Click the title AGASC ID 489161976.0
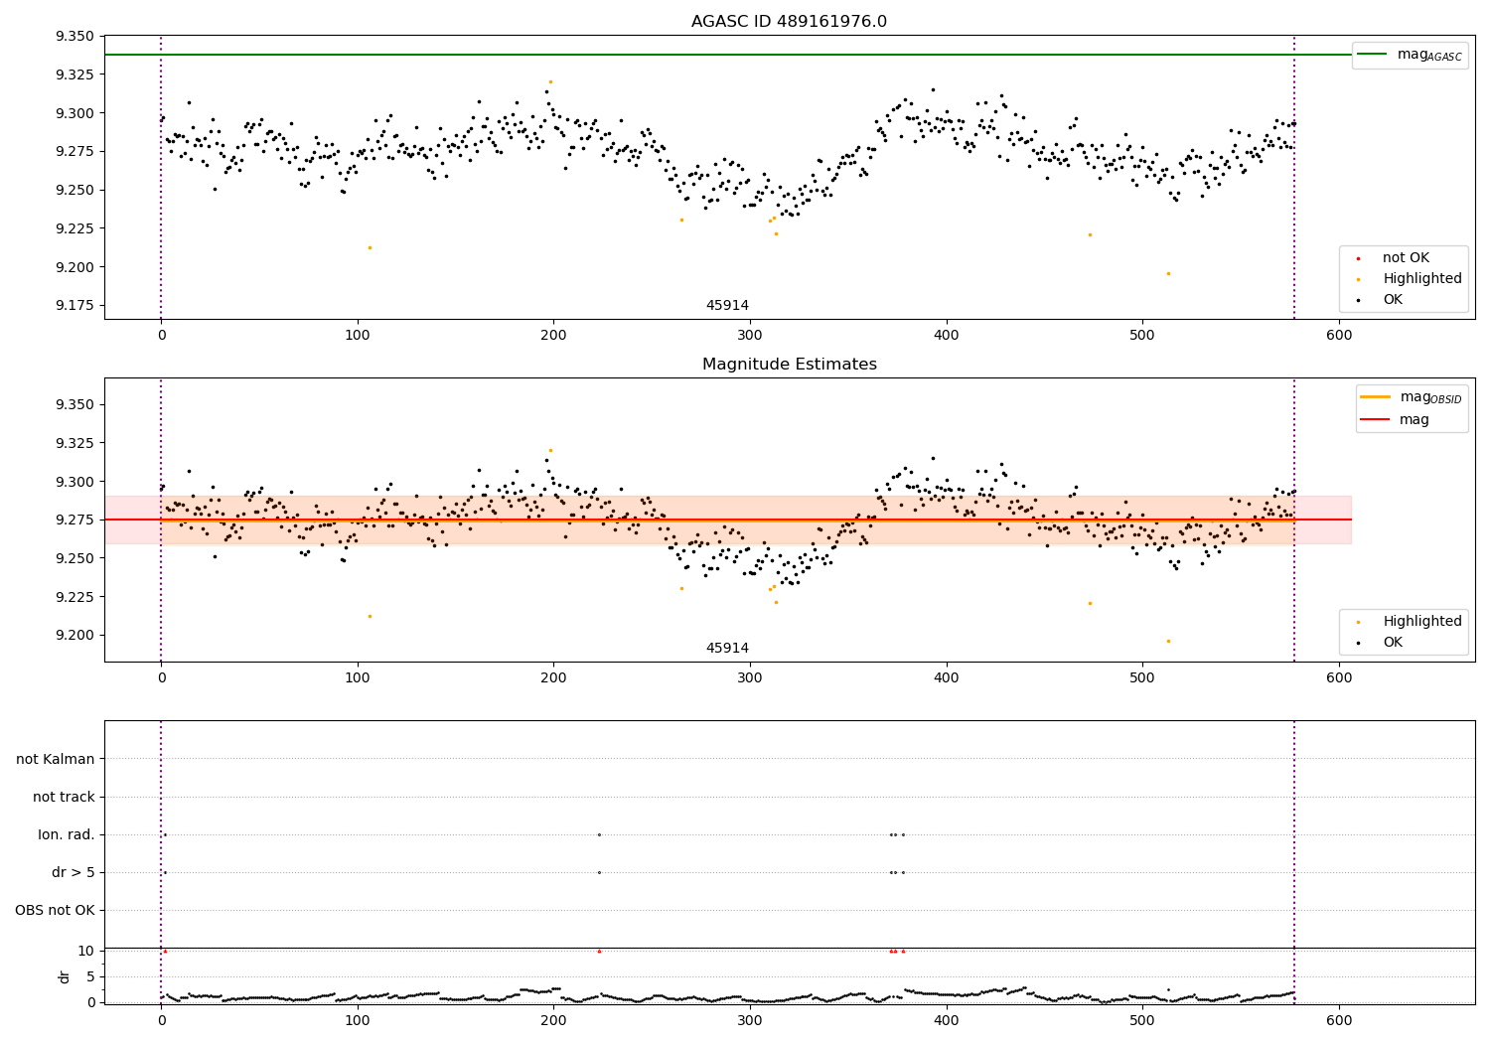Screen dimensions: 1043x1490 789,22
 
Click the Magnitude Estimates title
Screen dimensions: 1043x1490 789,365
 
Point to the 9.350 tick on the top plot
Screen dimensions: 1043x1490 74,37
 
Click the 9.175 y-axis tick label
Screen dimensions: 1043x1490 74,306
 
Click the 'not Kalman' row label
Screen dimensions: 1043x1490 56,759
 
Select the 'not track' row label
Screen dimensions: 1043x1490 64,797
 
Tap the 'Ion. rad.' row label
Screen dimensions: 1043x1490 67,834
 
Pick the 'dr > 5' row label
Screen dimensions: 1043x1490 73,872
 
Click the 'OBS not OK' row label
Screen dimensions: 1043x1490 56,910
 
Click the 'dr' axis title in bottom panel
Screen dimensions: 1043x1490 65,976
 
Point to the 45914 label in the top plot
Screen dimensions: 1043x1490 727,306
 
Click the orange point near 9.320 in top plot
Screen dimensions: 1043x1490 550,81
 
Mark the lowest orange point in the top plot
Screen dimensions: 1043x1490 1168,273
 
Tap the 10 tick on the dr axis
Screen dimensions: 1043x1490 86,951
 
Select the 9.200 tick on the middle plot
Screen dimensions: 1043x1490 74,636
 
